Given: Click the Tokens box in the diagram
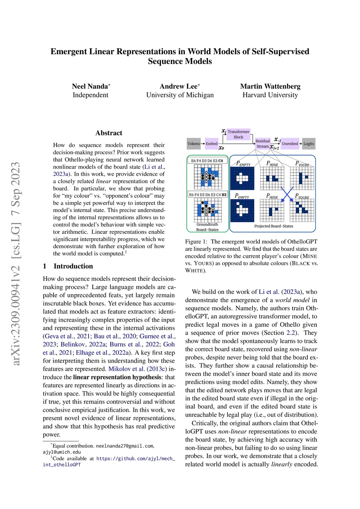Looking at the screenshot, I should point(193,143).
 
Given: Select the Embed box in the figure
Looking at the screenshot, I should point(212,143).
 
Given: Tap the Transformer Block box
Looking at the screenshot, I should point(238,134).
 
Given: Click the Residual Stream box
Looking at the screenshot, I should point(263,143).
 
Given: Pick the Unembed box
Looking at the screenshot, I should point(290,143).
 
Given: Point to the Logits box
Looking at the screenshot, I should point(309,143).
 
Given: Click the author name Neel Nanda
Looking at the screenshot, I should point(90,86).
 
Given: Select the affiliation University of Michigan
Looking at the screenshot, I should point(180,95).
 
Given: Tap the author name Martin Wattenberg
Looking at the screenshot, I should point(270,86).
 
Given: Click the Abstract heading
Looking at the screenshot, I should point(109,133).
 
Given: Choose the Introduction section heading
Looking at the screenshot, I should point(73,266).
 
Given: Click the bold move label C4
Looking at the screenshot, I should point(220,161).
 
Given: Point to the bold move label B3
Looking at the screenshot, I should point(224,194).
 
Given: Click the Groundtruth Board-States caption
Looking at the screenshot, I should point(207,227).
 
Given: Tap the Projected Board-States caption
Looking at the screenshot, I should point(274,226).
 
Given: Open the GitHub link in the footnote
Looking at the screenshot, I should point(135,458).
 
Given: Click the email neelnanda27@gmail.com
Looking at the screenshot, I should point(124,446).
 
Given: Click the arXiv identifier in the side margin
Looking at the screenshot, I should point(16,264).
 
